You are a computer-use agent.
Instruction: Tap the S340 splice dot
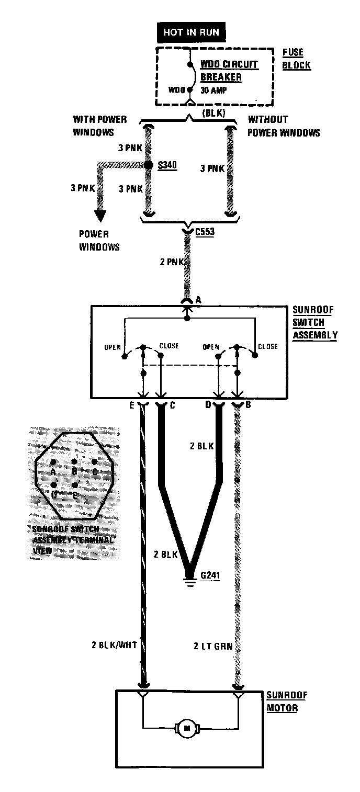pos(149,165)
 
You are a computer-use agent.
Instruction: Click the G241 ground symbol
pos(190,581)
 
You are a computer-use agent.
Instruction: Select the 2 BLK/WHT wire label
pos(114,645)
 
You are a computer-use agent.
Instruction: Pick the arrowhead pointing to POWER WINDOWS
pos(99,216)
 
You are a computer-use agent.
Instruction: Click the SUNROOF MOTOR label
pos(287,702)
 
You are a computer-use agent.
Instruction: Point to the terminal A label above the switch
pos(198,300)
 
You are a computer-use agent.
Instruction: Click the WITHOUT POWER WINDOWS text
pos(283,126)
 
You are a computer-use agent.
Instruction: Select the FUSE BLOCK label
pos(296,59)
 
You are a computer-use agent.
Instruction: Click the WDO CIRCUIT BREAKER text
pos(229,71)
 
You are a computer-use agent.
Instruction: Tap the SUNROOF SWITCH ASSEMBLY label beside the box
pos(314,322)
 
